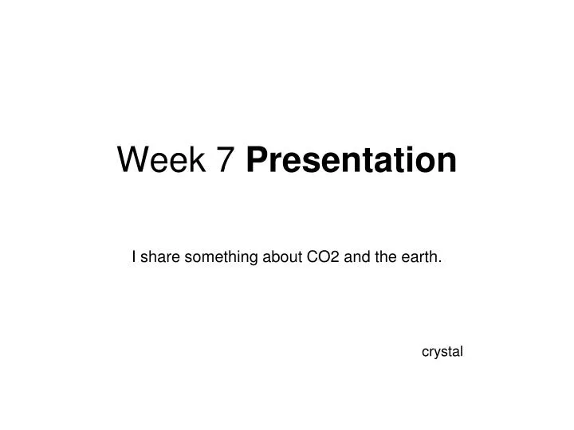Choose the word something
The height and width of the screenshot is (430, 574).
click(x=218, y=257)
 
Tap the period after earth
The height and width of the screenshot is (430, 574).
click(x=442, y=260)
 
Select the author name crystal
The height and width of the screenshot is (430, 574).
click(x=442, y=351)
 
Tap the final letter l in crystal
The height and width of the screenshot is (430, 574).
click(x=462, y=350)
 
